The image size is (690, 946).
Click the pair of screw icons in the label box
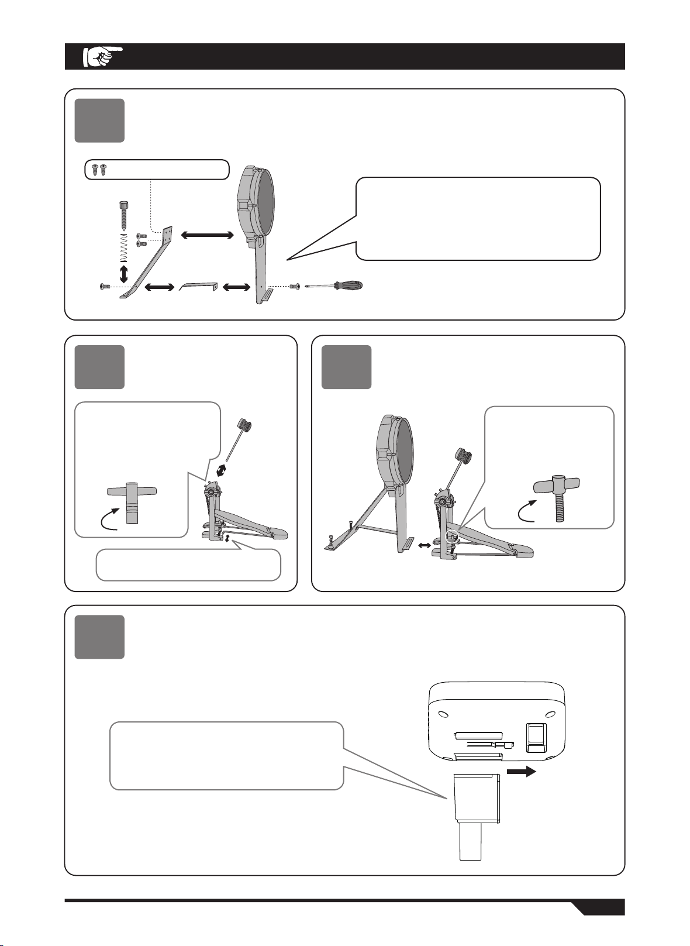click(98, 170)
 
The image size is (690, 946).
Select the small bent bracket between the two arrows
click(198, 287)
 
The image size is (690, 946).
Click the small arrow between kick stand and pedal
click(425, 545)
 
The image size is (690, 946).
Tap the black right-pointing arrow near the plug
click(522, 772)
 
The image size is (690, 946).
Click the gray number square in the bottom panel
click(99, 637)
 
